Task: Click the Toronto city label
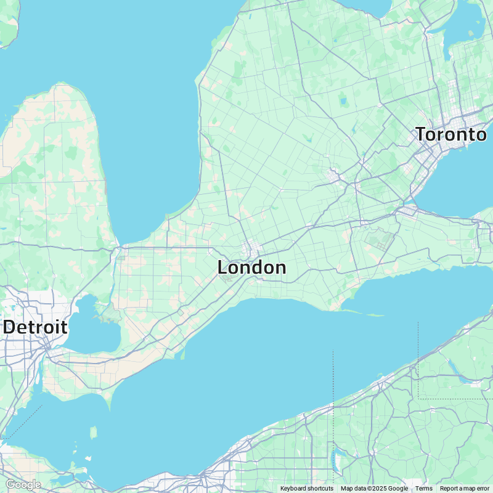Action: click(x=450, y=134)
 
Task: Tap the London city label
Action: click(x=251, y=267)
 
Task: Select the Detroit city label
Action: click(x=35, y=327)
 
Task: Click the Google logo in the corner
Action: click(x=23, y=485)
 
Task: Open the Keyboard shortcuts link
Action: click(x=306, y=488)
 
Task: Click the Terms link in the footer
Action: click(x=423, y=488)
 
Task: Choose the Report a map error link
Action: click(x=464, y=488)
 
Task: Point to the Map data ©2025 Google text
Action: click(x=374, y=488)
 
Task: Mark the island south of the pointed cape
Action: click(x=94, y=433)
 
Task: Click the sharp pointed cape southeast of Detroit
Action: click(x=109, y=405)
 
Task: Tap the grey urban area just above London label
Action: click(x=251, y=251)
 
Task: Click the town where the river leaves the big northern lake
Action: click(x=121, y=251)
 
